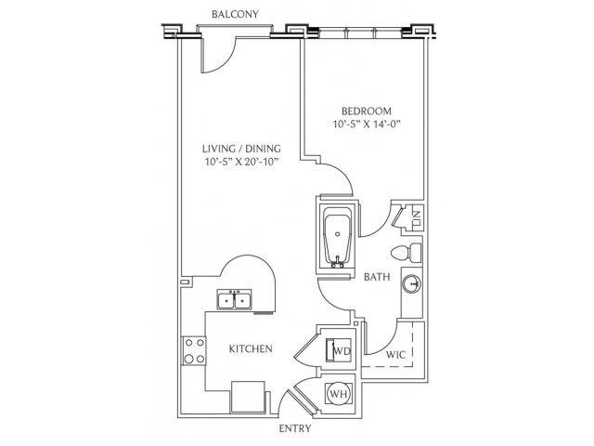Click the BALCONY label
[235, 15]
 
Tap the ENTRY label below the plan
[295, 428]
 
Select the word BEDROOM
[367, 111]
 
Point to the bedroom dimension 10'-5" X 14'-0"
[367, 124]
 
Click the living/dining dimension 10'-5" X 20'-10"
[241, 162]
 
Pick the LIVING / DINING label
[241, 149]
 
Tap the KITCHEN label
[251, 349]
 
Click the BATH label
[377, 277]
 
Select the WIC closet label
[395, 355]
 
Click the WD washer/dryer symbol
[339, 349]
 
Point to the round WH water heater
[339, 394]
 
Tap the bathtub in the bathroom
[338, 237]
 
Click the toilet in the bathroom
[406, 253]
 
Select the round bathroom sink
[412, 283]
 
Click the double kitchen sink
[234, 300]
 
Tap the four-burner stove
[194, 351]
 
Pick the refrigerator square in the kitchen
[248, 397]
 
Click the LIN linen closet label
[418, 217]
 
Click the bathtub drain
[338, 234]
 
